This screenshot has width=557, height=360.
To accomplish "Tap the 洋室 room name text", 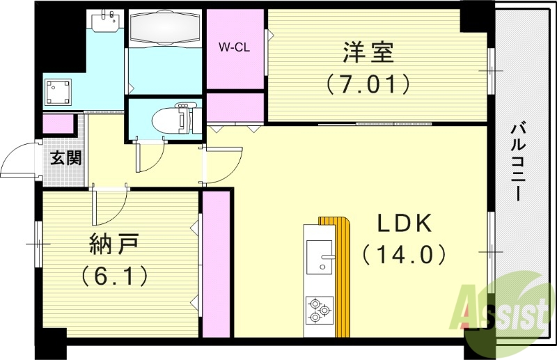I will (x=368, y=52).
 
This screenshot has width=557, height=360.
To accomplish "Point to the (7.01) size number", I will (x=367, y=84).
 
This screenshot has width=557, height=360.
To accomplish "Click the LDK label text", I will (x=405, y=224).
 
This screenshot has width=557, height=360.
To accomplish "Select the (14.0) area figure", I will (x=404, y=255).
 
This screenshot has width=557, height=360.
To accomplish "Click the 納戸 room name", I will (x=114, y=244).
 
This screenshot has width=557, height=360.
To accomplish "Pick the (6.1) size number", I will (x=115, y=276).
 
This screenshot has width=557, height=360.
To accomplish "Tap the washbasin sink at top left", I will (x=107, y=23).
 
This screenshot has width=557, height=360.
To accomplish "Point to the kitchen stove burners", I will (x=319, y=310).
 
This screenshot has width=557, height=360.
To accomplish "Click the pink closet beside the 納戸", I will (x=215, y=264).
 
